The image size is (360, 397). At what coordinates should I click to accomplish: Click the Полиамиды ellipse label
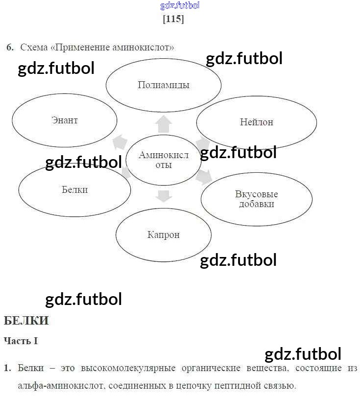[x=164, y=85]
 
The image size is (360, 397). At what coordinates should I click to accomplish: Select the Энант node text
[x=65, y=120]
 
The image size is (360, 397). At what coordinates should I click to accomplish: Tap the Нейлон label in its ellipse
[x=256, y=122]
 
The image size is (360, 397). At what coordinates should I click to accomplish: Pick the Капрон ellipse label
[x=164, y=234]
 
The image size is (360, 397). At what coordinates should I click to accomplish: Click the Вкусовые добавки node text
[x=257, y=199]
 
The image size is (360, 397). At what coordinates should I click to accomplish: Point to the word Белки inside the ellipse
[x=75, y=189]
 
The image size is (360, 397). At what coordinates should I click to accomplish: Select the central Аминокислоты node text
[x=163, y=160]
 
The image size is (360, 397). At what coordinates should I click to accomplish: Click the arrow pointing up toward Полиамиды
[x=163, y=124]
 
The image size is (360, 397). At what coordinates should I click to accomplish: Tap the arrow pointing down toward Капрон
[x=163, y=196]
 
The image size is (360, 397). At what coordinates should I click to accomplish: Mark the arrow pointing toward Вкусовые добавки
[x=204, y=176]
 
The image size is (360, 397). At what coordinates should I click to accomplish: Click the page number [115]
[x=173, y=19]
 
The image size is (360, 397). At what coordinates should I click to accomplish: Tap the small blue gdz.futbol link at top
[x=180, y=6]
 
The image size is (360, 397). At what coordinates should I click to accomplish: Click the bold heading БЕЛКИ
[x=26, y=321]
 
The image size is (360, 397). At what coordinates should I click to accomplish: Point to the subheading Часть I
[x=21, y=341]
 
